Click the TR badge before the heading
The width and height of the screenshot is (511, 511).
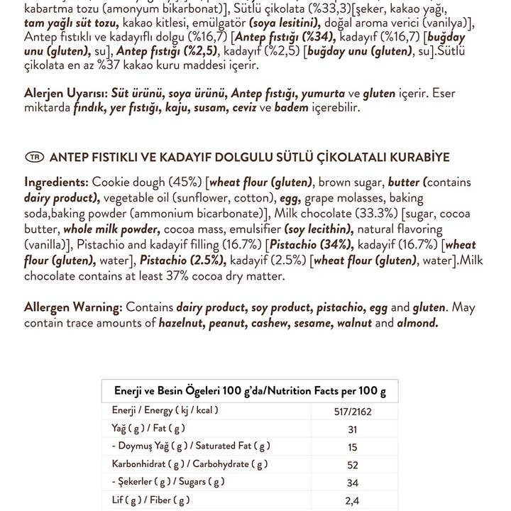tap(34, 157)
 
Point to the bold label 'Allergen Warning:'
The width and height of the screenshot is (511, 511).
tap(74, 308)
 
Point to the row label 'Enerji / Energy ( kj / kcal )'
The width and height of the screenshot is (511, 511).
tap(165, 410)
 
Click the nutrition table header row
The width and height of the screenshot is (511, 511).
tap(250, 391)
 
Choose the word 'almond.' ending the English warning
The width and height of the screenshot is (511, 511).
tap(417, 324)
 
